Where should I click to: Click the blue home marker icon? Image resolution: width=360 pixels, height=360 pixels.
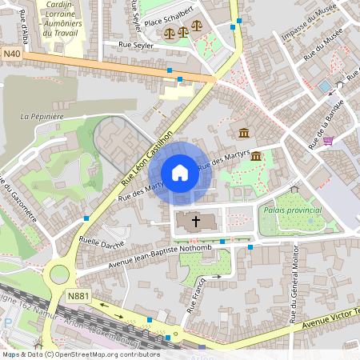pyautogui.click(x=180, y=172)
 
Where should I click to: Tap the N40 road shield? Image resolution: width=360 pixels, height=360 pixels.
pyautogui.click(x=11, y=54)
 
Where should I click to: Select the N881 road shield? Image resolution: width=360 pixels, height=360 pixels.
pyautogui.click(x=78, y=296)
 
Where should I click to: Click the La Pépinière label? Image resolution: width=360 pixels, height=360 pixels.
pyautogui.click(x=42, y=116)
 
